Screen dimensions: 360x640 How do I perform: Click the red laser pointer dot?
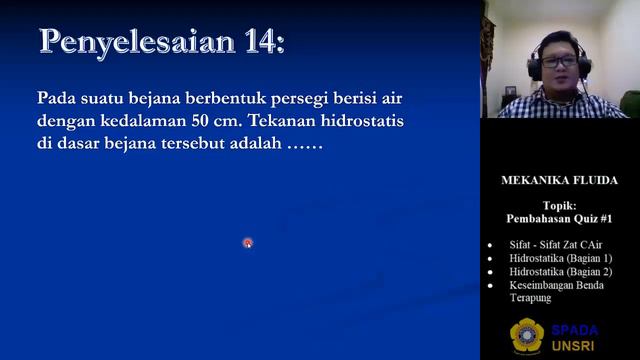pyautogui.click(x=247, y=242)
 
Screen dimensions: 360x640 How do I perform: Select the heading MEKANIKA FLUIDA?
pyautogui.click(x=559, y=181)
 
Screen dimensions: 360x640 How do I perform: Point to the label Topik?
pyautogui.click(x=559, y=207)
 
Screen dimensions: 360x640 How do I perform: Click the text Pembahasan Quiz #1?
pyautogui.click(x=559, y=219)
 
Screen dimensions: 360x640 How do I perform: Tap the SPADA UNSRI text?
pyautogui.click(x=575, y=337)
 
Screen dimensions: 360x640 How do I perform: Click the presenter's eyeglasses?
pyautogui.click(x=559, y=62)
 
